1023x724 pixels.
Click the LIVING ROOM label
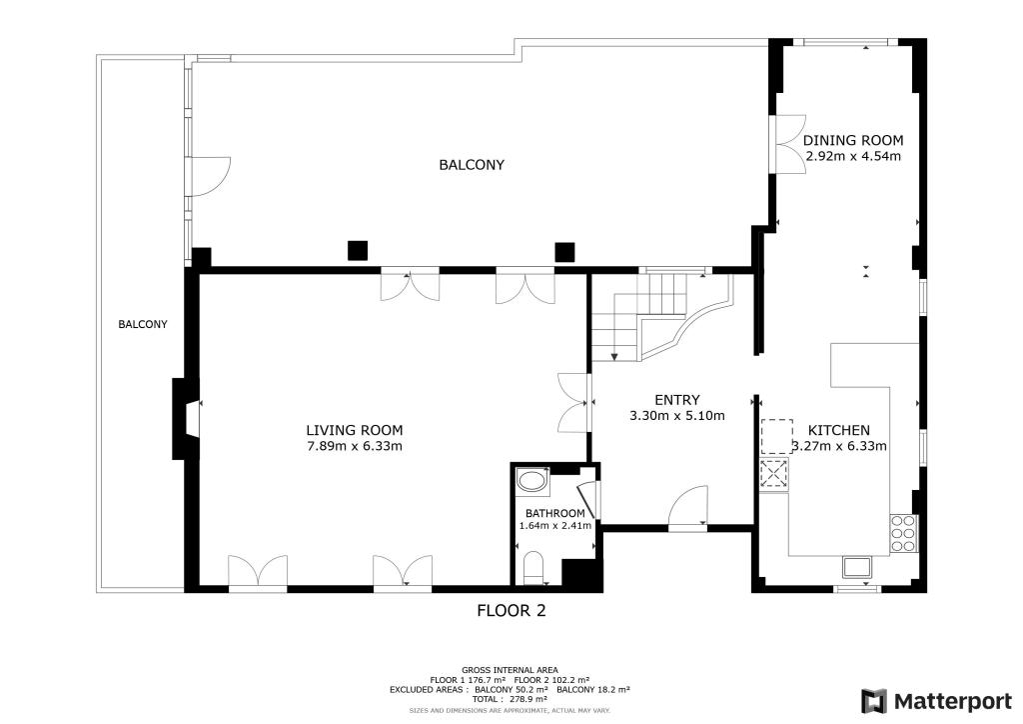[354, 430]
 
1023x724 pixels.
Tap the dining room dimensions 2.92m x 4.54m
[853, 156]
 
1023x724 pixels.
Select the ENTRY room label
[676, 400]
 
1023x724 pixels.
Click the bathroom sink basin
[533, 483]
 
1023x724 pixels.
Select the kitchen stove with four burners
[903, 533]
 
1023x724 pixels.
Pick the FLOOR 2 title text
[511, 610]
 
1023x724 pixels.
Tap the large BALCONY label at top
[472, 165]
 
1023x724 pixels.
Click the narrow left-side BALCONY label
[142, 324]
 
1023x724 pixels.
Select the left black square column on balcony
[357, 251]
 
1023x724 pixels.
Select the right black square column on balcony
[565, 251]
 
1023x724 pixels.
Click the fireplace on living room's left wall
[186, 419]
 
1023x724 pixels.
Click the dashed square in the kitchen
[776, 437]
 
